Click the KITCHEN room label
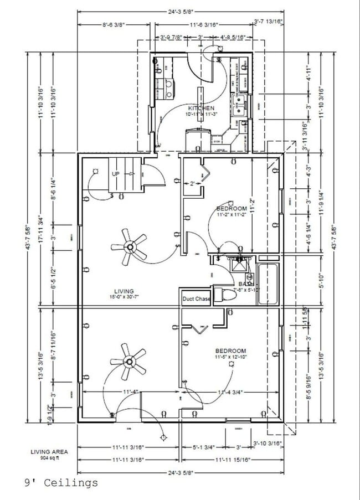pyautogui.click(x=201, y=107)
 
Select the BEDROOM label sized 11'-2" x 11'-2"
pyautogui.click(x=231, y=208)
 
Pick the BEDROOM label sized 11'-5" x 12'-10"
pyautogui.click(x=231, y=351)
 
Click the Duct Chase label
pyautogui.click(x=196, y=299)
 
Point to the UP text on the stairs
pyautogui.click(x=116, y=173)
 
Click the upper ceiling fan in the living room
pyautogui.click(x=130, y=246)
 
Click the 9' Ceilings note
pyautogui.click(x=61, y=483)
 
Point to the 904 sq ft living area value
pyautogui.click(x=49, y=458)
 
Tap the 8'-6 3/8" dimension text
pyautogui.click(x=114, y=24)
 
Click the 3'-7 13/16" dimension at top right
pyautogui.click(x=268, y=22)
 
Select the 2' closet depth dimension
pyautogui.click(x=192, y=183)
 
